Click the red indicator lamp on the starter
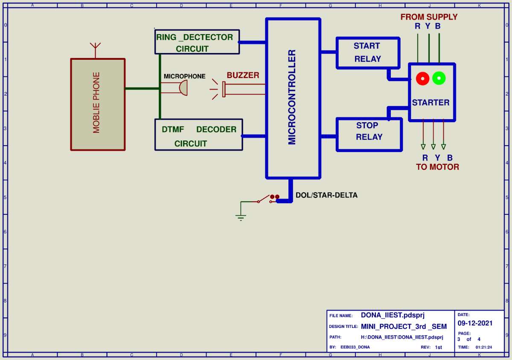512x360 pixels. click(422, 78)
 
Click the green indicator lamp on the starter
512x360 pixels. click(439, 78)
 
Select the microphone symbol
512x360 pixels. click(182, 88)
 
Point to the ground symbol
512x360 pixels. click(241, 217)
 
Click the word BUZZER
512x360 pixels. click(243, 75)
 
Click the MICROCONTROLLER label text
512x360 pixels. click(292, 97)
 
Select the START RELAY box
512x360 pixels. click(368, 53)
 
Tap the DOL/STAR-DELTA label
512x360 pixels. click(326, 195)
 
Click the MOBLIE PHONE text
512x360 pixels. click(96, 102)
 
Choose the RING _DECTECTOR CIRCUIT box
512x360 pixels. click(196, 42)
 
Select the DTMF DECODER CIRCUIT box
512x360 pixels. click(198, 135)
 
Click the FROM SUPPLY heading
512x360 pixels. click(429, 17)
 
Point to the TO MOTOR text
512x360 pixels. click(437, 167)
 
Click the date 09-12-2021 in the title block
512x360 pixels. click(475, 323)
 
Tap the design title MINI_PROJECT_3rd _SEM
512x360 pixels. click(404, 327)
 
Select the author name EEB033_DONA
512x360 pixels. click(355, 347)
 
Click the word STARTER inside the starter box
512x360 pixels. click(431, 102)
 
